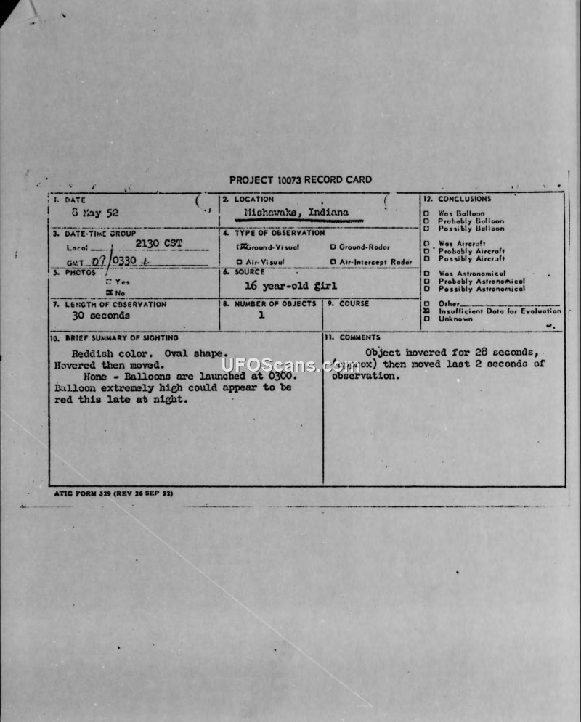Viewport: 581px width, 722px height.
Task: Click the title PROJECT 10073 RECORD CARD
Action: click(301, 180)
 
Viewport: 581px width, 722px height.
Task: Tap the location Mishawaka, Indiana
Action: click(296, 213)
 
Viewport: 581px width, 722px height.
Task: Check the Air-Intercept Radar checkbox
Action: click(333, 262)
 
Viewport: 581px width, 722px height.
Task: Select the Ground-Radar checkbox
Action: click(333, 247)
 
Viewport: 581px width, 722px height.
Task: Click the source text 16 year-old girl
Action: click(290, 286)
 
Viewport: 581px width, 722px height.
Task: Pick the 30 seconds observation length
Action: click(101, 316)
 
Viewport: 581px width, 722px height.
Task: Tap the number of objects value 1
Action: click(261, 315)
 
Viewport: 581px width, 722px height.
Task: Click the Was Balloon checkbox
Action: click(426, 213)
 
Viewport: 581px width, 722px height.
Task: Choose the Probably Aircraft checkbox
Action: click(426, 251)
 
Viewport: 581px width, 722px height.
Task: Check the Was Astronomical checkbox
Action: click(426, 274)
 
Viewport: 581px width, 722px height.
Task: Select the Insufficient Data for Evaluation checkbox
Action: click(426, 311)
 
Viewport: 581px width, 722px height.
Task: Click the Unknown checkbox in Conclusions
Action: click(426, 319)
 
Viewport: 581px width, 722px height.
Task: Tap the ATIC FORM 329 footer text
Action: click(113, 493)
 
